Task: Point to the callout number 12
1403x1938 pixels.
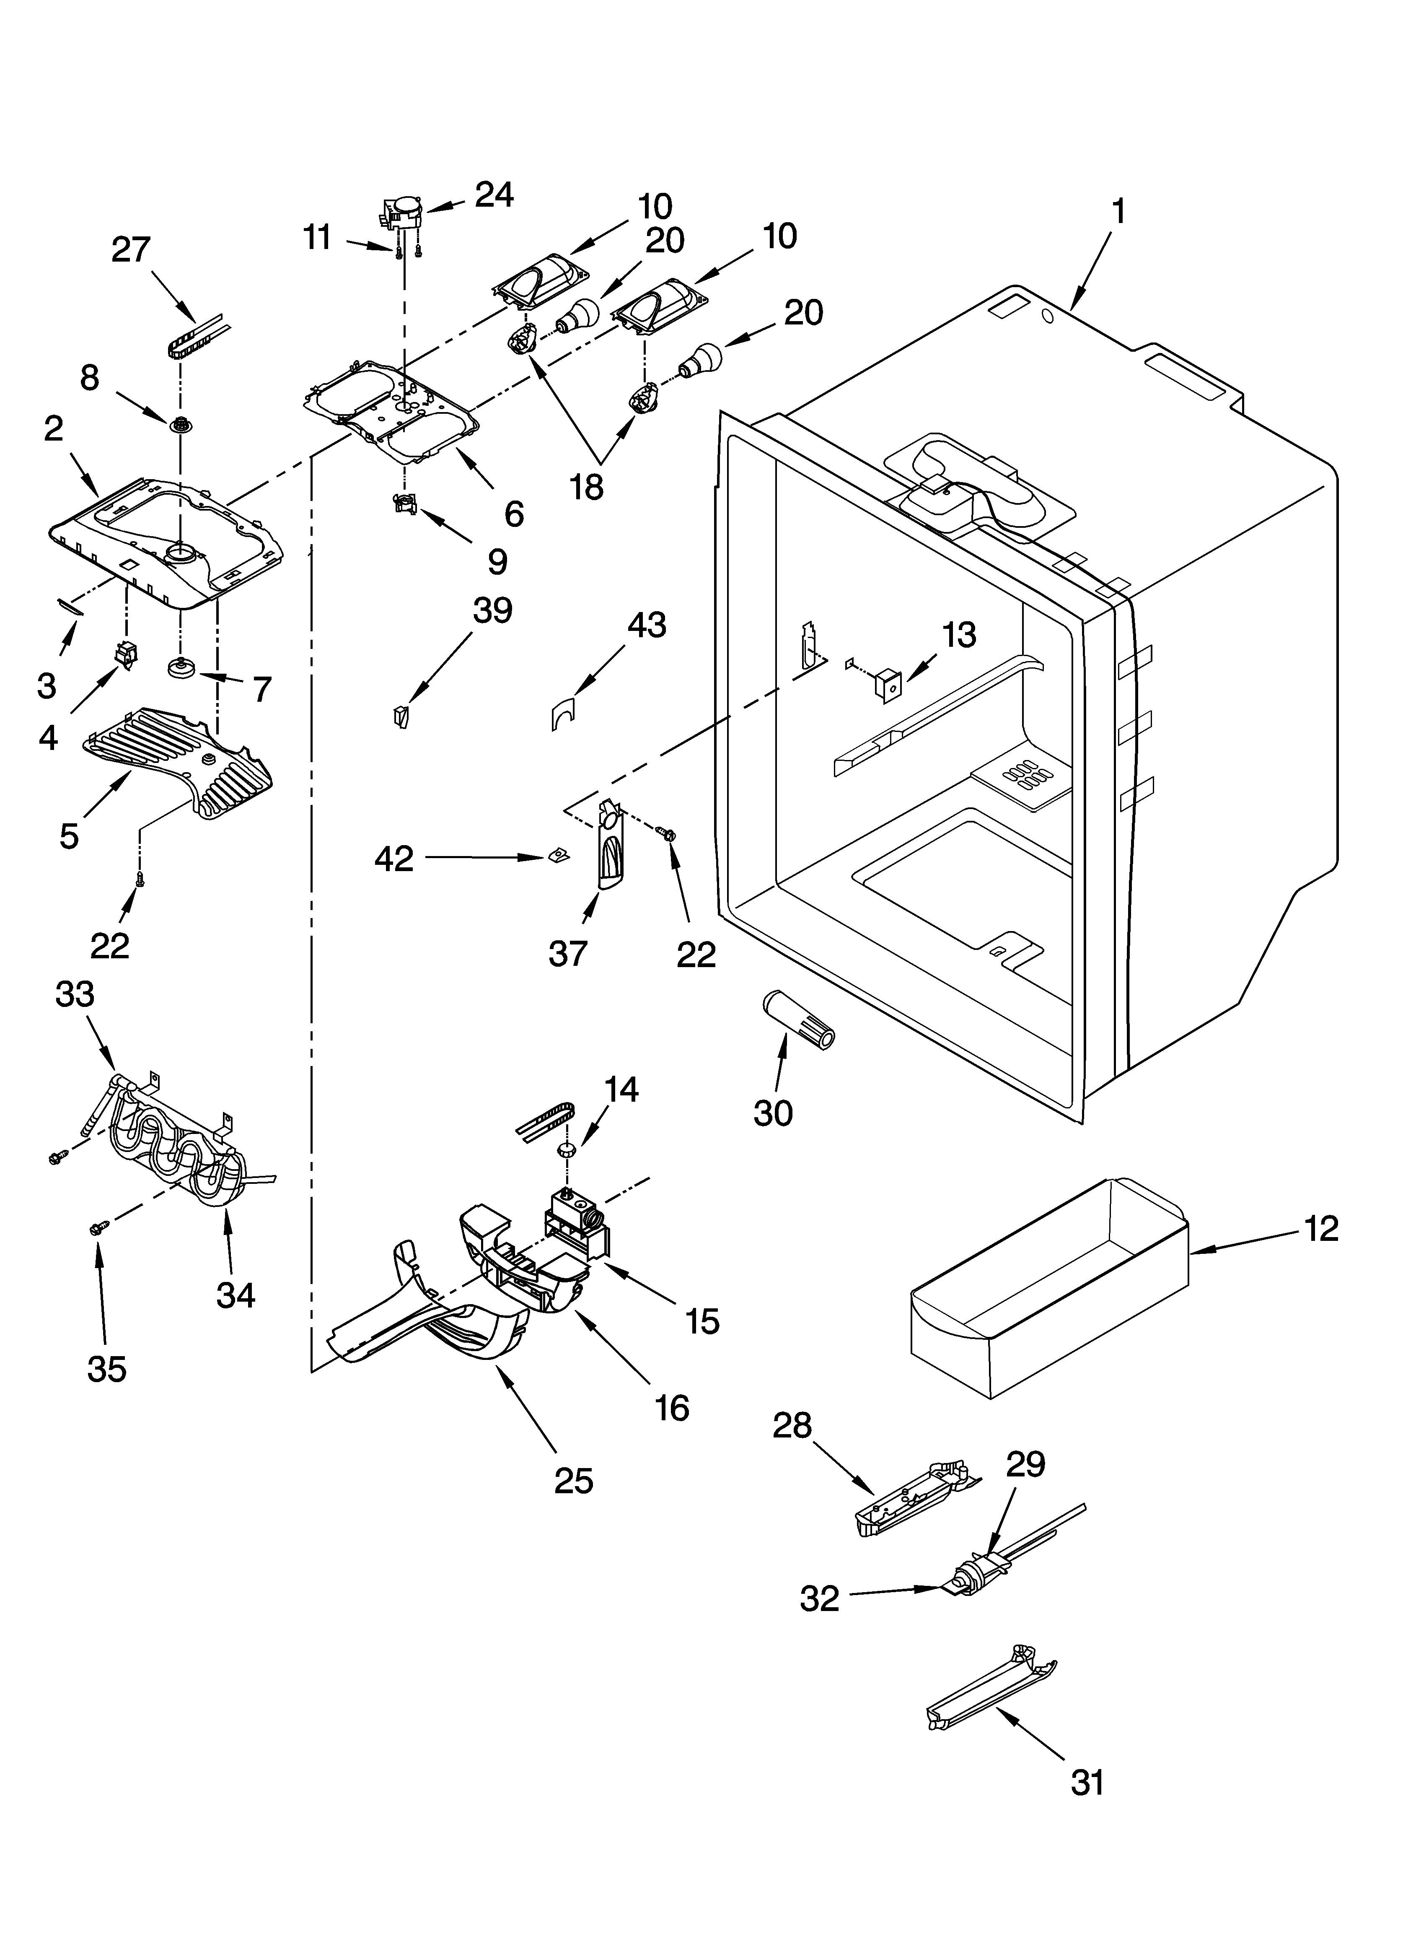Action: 1321,1229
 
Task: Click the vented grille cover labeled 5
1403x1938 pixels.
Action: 179,760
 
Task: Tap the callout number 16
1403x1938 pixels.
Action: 672,1407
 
